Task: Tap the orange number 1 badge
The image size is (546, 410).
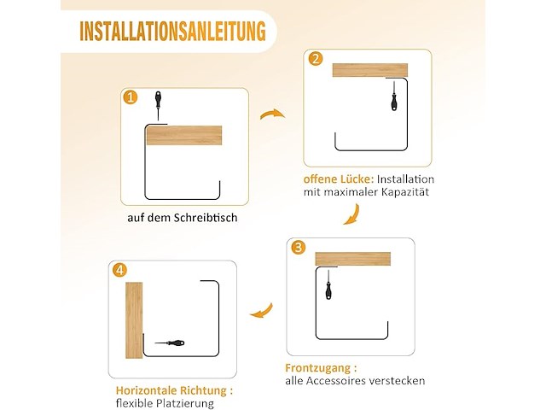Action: point(130,97)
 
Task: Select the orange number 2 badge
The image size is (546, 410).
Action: point(316,59)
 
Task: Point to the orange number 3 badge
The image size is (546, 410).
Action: point(298,248)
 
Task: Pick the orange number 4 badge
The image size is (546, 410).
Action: point(120,271)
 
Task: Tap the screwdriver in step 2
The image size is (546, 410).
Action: point(393,96)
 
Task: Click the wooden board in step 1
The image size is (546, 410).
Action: point(183,136)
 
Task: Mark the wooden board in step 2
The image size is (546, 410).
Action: point(369,70)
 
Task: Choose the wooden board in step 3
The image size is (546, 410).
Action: point(352,259)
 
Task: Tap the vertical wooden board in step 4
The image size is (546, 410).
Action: point(134,319)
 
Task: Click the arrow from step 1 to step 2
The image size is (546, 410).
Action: point(272,114)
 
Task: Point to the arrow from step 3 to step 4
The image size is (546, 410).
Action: point(260,311)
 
